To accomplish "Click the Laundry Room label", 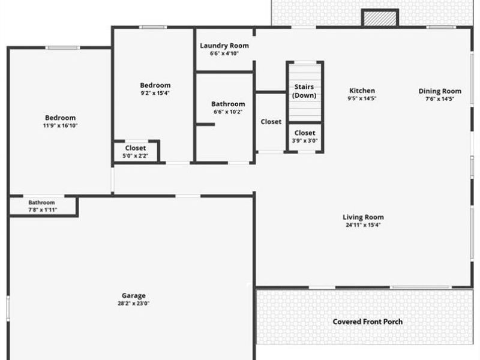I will point(224,46).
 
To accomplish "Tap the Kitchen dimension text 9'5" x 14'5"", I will point(362,98).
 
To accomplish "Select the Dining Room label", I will point(440,91).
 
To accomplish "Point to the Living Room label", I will point(363,217).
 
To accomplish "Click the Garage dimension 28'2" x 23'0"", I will point(134,304).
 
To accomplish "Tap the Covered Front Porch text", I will point(368,322).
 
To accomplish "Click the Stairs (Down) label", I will point(304,91).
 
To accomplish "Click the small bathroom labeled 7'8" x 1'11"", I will point(41,206).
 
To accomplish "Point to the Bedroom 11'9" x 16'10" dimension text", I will point(61,126).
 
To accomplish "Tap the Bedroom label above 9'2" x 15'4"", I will point(155,85).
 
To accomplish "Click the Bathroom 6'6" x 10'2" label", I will point(228,104).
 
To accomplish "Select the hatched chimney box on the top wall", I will point(380,18).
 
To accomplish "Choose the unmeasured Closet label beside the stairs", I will point(271,122).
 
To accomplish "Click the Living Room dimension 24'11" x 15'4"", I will point(363,226).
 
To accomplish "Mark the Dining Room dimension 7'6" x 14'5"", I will point(440,99).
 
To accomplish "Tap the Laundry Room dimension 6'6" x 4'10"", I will point(224,54).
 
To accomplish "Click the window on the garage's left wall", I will point(8,305).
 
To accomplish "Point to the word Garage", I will point(134,295).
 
